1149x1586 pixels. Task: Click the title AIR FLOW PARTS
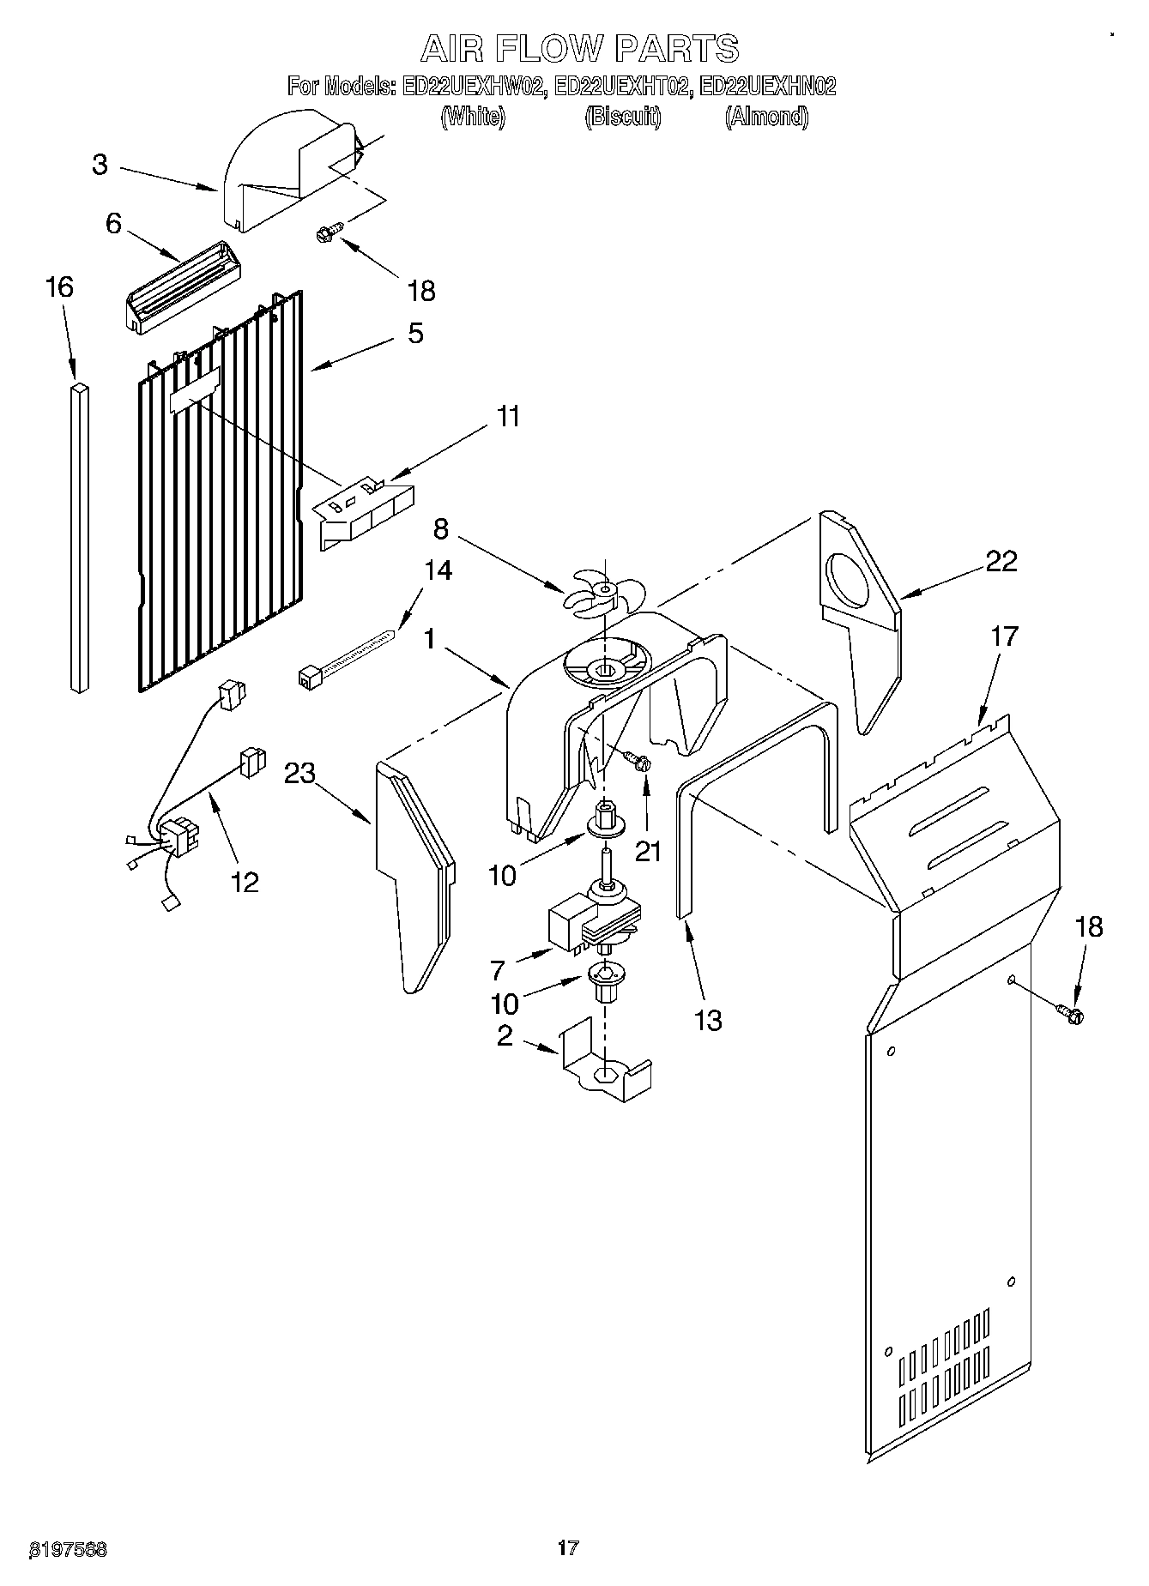[x=579, y=49]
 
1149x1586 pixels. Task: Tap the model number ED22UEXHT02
[x=621, y=87]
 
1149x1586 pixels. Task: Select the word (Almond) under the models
[x=766, y=117]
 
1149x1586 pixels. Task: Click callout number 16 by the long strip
[x=59, y=286]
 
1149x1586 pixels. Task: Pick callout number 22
[x=1001, y=561]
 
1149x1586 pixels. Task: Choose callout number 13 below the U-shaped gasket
[x=709, y=1020]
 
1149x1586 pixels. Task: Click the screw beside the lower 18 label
[x=1071, y=1015]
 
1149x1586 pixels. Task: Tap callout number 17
[x=1003, y=636]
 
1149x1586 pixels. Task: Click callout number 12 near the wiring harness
[x=245, y=881]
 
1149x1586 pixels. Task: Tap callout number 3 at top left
[x=100, y=165]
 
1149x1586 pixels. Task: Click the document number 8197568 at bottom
[x=69, y=1549]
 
